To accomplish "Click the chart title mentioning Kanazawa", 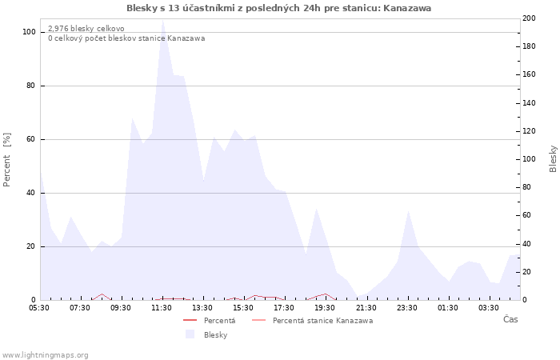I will [279, 8].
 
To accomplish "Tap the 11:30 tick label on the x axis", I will [162, 307].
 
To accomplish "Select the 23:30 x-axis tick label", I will [408, 307].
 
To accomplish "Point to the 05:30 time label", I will [39, 307].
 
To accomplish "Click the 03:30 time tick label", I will [490, 307].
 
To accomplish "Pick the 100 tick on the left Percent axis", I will [30, 32].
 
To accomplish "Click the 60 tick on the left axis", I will [31, 139].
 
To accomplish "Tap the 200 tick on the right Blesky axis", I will [529, 18].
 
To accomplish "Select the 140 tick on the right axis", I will [529, 102].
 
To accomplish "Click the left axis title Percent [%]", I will [7, 159].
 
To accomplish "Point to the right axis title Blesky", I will [553, 158].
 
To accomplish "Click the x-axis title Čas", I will [510, 320].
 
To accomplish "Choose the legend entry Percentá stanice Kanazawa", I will [322, 321].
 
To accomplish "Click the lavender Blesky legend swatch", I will [190, 334].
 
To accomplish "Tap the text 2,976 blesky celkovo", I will [86, 29].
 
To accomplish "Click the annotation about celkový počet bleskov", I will [126, 38].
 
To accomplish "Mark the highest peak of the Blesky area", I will [162, 20].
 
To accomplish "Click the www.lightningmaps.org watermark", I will [46, 354].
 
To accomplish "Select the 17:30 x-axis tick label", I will [285, 307].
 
